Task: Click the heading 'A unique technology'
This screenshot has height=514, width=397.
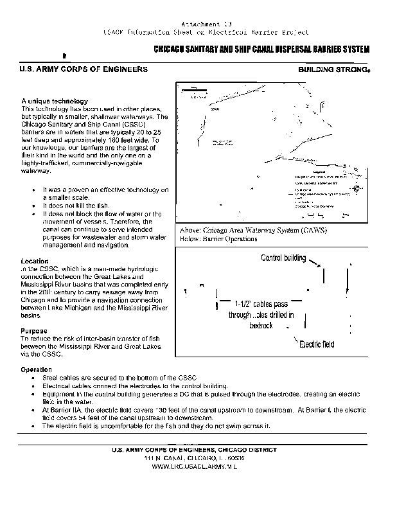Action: (55, 102)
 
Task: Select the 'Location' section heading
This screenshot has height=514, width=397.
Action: (35, 261)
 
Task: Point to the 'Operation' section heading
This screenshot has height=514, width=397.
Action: (36, 370)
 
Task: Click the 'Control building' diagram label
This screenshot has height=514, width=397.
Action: (283, 258)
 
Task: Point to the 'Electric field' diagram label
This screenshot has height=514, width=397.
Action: (315, 344)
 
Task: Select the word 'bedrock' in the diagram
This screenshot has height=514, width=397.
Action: (261, 326)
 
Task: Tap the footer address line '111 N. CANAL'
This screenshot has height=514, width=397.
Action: (198, 458)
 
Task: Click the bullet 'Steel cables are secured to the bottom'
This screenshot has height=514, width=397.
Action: (119, 377)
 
